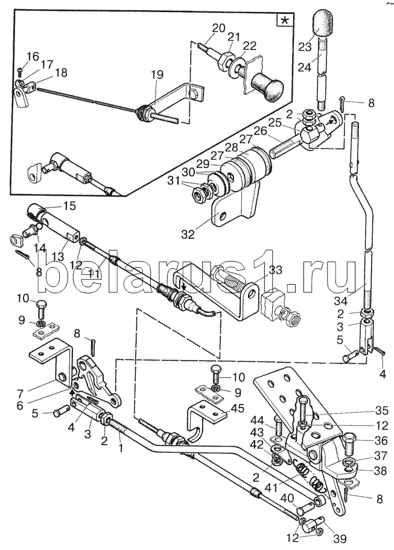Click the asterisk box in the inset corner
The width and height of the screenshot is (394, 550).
pyautogui.click(x=285, y=21)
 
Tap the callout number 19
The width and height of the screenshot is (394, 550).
pyautogui.click(x=157, y=74)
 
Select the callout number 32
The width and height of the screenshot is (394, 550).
pyautogui.click(x=188, y=234)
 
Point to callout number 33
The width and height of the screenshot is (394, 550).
pyautogui.click(x=276, y=270)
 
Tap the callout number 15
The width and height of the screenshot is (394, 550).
pyautogui.click(x=69, y=206)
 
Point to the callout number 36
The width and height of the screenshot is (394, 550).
pyautogui.click(x=380, y=441)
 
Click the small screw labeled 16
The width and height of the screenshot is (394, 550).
pyautogui.click(x=21, y=71)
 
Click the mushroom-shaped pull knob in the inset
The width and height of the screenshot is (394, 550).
pyautogui.click(x=267, y=85)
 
